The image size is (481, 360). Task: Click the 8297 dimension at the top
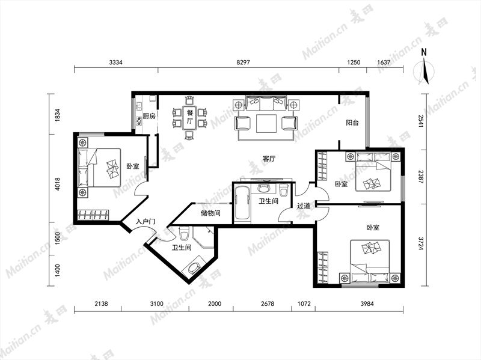pos(244,63)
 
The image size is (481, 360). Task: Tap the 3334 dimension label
pos(115,63)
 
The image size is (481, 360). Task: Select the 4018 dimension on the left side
pos(58,184)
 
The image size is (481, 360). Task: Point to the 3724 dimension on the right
pos(420,243)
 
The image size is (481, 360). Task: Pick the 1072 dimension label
pos(304,304)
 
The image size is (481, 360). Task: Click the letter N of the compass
pos(424,52)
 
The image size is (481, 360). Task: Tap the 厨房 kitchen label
pos(149,116)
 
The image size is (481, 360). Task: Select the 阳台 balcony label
pos(352,123)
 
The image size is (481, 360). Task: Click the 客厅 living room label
pos(269,159)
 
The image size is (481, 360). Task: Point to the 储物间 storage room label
pos(210,213)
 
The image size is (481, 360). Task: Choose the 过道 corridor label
pos(304,206)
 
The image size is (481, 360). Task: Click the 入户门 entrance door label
pos(146,222)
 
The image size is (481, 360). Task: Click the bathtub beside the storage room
pos(242,203)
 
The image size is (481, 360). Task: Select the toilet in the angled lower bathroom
pos(184,234)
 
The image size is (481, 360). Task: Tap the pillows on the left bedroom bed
pos(112,169)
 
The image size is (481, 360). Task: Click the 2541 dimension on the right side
pos(420,121)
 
